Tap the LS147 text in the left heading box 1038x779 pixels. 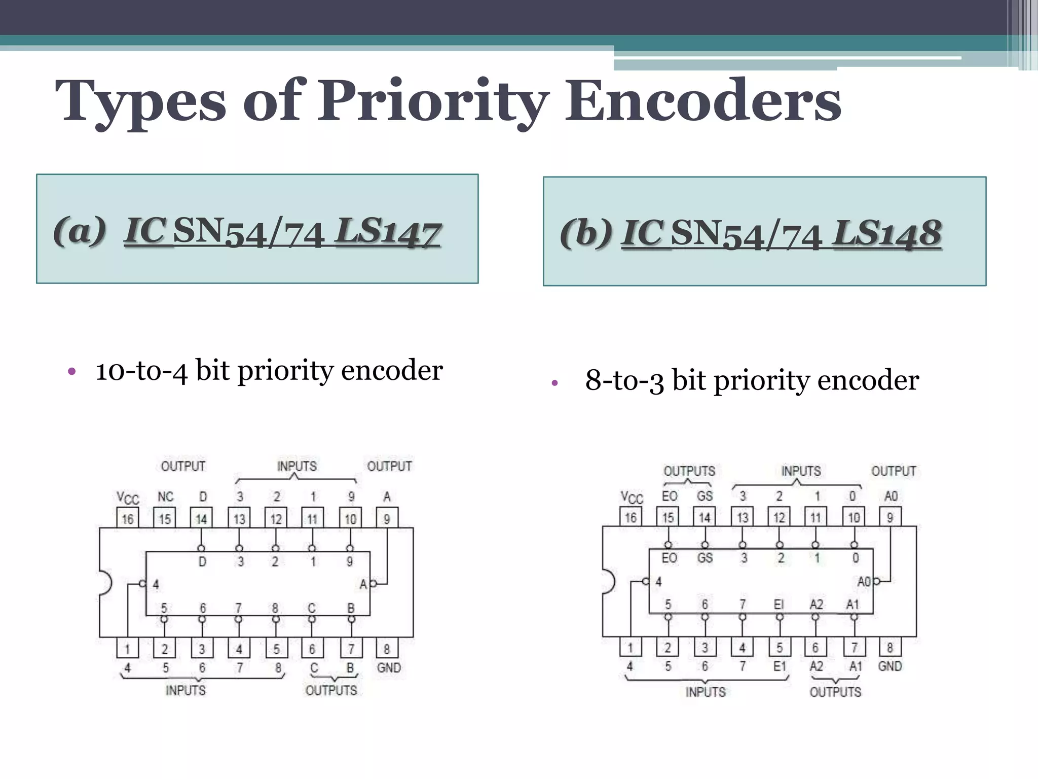click(x=388, y=231)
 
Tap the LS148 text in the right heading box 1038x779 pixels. click(x=887, y=234)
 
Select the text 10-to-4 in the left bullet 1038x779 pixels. click(x=141, y=370)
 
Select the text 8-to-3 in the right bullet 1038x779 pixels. click(x=624, y=380)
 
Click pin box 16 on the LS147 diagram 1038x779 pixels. click(x=128, y=518)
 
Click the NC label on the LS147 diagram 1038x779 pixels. click(x=165, y=497)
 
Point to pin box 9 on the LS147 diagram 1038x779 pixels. click(x=387, y=518)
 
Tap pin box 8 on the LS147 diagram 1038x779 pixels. click(x=387, y=649)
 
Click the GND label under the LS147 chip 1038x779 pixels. click(x=389, y=667)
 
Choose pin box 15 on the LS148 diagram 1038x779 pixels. click(x=668, y=517)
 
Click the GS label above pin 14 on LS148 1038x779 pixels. click(x=705, y=495)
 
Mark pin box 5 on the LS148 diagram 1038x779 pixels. click(x=780, y=647)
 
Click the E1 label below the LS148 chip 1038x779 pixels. click(x=780, y=666)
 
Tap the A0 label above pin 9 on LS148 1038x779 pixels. click(x=891, y=495)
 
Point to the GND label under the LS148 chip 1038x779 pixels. click(x=890, y=666)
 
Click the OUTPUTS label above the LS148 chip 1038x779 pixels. click(x=689, y=471)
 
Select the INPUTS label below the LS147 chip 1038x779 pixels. click(x=186, y=690)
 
